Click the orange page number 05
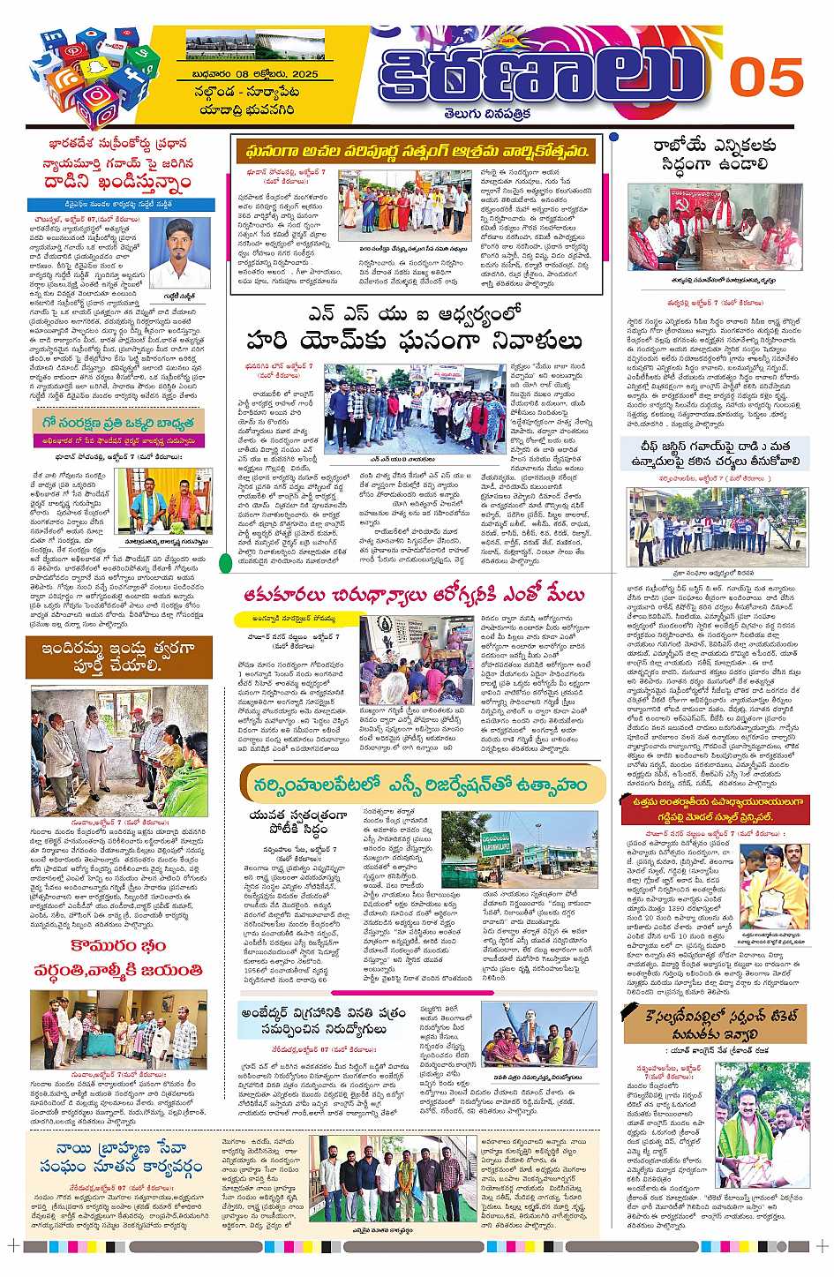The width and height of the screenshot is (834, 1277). coord(765,79)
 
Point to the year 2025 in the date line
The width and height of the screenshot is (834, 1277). coord(301,74)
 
